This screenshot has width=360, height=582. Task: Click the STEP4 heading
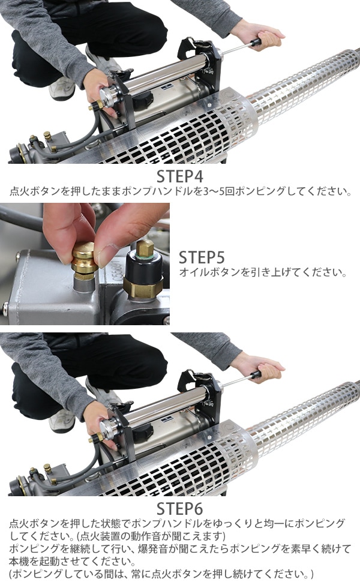179,176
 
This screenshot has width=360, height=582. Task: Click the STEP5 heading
202,257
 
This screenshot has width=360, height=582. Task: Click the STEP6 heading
179,509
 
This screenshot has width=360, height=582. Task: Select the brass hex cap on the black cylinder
145,248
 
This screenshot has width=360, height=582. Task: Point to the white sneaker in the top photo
62,88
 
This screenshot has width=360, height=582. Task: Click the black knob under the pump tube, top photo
143,99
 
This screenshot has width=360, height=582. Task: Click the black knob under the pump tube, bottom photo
143,431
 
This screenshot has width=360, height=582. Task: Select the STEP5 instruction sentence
263,272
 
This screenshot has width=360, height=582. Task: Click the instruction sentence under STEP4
180,191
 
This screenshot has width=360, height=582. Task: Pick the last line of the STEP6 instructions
161,574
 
